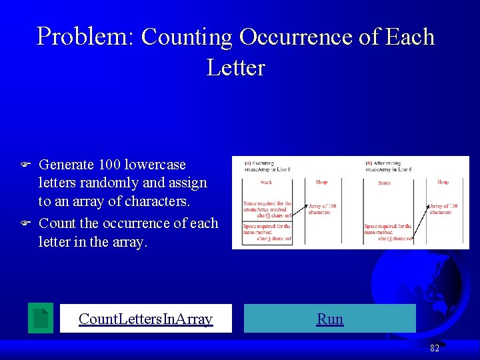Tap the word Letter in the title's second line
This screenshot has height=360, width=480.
(236, 67)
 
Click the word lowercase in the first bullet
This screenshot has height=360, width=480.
(157, 164)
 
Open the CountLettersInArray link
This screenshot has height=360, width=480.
(145, 319)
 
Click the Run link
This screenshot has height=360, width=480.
(330, 319)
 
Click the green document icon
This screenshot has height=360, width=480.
(41, 318)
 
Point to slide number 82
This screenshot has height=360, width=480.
(434, 347)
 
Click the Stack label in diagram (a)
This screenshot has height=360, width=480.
(267, 182)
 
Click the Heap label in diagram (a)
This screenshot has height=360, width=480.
(321, 182)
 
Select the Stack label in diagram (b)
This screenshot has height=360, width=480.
(385, 183)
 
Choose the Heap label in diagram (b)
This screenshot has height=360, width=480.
(443, 182)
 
